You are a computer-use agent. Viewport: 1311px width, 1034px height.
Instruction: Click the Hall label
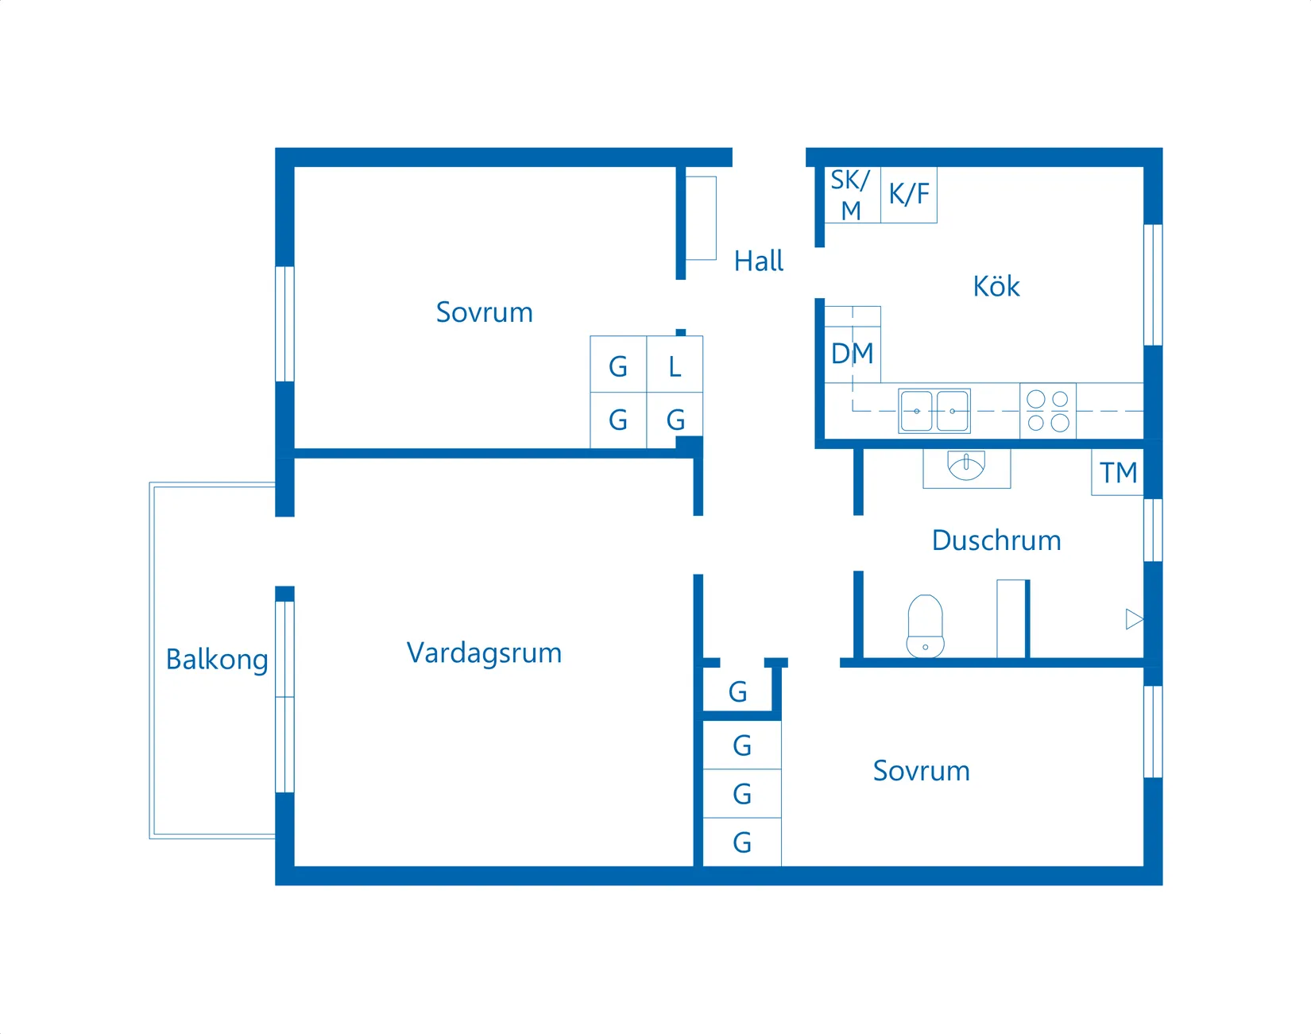coord(758,261)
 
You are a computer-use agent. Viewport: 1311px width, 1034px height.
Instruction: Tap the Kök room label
coord(996,286)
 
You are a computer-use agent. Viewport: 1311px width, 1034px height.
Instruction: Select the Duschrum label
coord(996,540)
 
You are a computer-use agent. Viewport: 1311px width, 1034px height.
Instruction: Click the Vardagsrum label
coord(484,653)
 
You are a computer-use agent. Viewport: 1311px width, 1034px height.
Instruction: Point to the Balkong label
coord(216,660)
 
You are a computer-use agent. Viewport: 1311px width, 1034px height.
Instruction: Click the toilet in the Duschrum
coord(925,627)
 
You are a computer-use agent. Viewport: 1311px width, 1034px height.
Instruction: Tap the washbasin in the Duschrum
coord(966,466)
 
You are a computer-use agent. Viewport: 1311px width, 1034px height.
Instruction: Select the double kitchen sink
coord(934,411)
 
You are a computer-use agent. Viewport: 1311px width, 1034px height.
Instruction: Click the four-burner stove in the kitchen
coord(1047,411)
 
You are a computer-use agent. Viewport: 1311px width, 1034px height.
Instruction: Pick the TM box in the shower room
coord(1118,473)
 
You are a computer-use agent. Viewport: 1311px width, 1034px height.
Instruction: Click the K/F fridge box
coord(908,194)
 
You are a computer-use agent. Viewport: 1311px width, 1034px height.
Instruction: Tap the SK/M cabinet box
coord(851,195)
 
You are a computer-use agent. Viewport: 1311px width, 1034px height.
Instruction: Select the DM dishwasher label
coord(852,354)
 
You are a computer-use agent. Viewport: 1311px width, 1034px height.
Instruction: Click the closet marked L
coord(675,366)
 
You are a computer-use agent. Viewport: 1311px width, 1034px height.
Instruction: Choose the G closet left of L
coord(618,366)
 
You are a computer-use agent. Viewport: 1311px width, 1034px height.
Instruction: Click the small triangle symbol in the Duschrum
coord(1134,619)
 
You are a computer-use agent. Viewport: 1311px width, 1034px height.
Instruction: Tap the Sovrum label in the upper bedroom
coord(484,312)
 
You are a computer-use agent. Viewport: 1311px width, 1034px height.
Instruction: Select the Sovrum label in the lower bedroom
coord(921,771)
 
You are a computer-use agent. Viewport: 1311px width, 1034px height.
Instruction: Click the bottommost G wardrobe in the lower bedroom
coord(742,842)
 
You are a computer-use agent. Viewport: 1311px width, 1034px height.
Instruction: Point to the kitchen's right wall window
coord(1153,285)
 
